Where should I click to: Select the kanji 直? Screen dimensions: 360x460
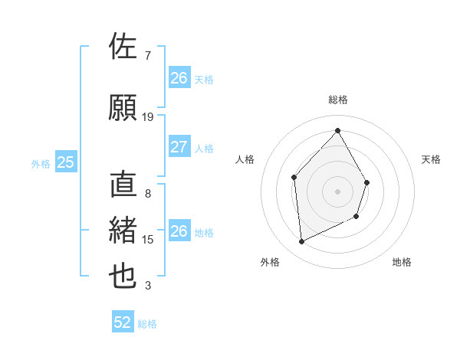point(123,185)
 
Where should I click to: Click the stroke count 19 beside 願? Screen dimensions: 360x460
point(148,117)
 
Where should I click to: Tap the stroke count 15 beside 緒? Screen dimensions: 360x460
point(148,240)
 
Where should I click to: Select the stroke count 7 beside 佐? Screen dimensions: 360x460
point(148,55)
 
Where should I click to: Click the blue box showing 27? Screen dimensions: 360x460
point(179,148)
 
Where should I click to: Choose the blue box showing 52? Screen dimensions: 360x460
point(123,322)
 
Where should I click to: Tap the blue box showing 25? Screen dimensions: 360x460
point(65,162)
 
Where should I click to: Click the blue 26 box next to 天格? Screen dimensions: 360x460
point(179,78)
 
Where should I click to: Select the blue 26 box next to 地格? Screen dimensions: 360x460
point(179,231)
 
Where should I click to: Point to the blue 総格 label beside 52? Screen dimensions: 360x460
point(147,324)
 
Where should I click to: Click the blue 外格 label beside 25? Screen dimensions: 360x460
point(41,163)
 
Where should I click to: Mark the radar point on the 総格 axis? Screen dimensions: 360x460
point(337,130)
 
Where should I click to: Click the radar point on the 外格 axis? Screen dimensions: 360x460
point(301,242)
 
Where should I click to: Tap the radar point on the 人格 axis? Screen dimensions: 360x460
point(294,178)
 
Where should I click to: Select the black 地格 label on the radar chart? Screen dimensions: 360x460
point(402,262)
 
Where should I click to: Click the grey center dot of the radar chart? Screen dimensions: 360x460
point(337,191)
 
